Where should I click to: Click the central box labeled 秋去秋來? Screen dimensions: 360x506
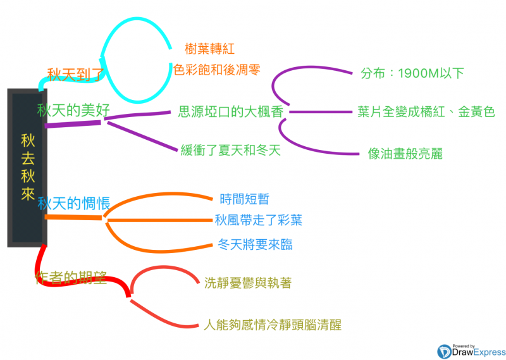[x=27, y=167]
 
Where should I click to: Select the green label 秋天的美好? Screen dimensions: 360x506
[x=74, y=110]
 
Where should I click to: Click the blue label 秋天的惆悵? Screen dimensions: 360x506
[x=74, y=204]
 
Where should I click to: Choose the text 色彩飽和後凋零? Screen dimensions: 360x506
[x=217, y=70]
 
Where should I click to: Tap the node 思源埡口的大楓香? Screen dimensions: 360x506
[x=230, y=113]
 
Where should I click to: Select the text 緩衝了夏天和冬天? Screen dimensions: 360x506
[x=230, y=151]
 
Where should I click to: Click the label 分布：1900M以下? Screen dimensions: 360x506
[x=412, y=73]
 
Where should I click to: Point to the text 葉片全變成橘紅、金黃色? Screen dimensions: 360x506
[x=426, y=112]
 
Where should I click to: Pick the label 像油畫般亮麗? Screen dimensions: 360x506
[x=405, y=153]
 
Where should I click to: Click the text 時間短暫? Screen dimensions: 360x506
[x=244, y=199]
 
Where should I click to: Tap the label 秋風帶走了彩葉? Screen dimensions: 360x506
[x=258, y=220]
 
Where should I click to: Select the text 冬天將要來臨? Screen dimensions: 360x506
[x=255, y=244]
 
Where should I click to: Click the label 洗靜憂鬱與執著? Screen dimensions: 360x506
[x=248, y=283]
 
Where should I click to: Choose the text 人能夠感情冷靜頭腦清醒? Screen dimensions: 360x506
[x=273, y=326]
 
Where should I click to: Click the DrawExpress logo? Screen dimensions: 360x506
[x=471, y=350]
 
